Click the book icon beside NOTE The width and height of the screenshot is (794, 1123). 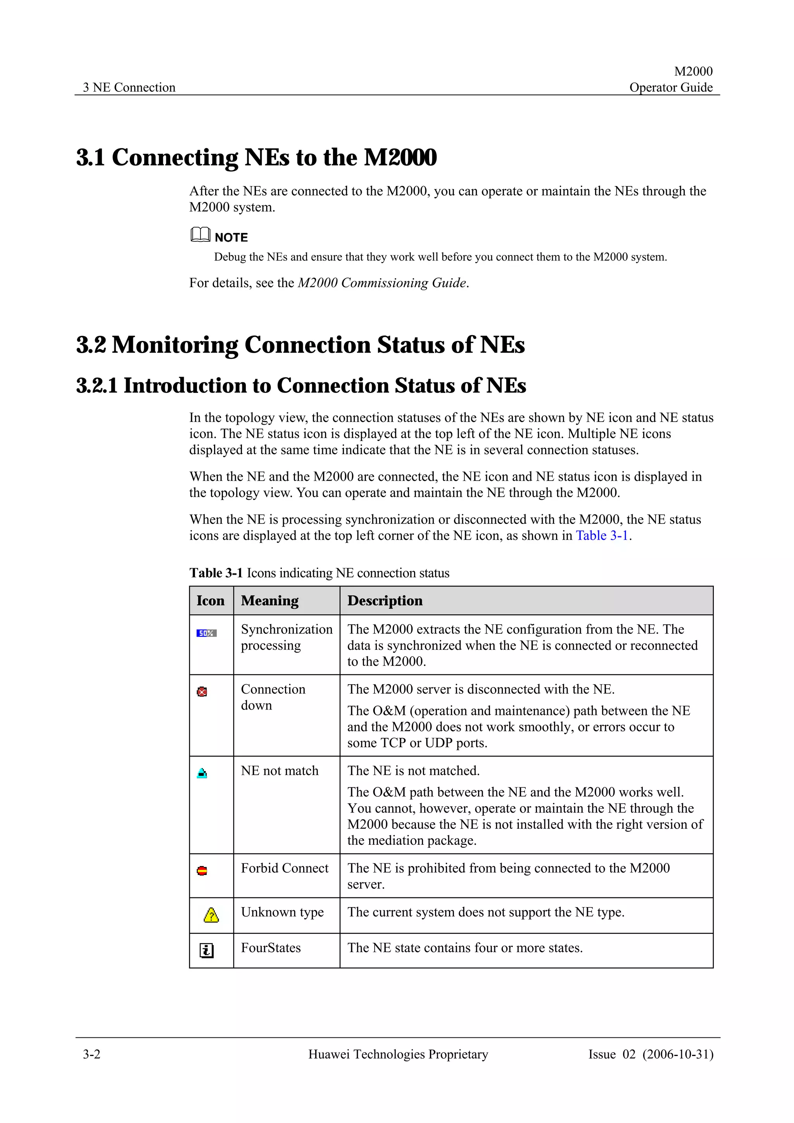(x=200, y=235)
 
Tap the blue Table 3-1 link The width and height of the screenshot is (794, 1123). (x=602, y=536)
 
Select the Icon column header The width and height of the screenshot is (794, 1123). (x=211, y=601)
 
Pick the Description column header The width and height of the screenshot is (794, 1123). (x=385, y=601)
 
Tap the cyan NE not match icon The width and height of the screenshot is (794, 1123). (x=202, y=773)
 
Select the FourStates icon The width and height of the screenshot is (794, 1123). (x=207, y=951)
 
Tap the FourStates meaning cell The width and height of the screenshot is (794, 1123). (x=271, y=948)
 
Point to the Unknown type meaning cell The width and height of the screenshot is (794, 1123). (x=282, y=912)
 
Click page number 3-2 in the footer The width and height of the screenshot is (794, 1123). (x=91, y=1054)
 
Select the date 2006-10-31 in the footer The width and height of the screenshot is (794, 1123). (x=678, y=1054)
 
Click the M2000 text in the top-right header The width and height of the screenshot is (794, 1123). (x=693, y=71)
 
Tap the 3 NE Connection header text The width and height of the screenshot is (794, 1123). (x=129, y=88)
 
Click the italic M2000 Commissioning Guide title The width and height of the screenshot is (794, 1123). (x=381, y=283)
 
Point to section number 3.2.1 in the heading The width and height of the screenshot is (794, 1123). (x=97, y=386)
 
